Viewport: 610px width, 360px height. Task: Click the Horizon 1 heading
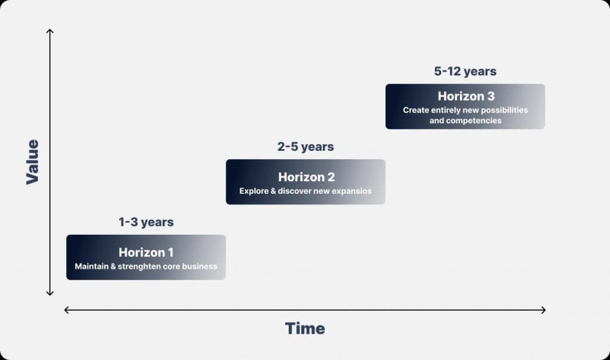coord(146,253)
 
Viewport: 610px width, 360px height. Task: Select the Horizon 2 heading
coord(306,177)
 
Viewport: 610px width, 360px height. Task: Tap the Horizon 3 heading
coord(466,96)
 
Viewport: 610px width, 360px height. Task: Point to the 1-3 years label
coord(147,222)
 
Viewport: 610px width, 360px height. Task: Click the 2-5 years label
coord(306,147)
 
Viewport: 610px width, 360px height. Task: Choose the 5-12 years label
coord(465,71)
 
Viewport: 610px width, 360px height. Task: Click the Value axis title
coord(33,162)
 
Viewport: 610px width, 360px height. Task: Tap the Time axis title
coord(305,328)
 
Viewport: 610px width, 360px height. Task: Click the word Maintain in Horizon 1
coord(91,266)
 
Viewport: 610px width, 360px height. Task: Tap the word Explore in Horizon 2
coord(254,191)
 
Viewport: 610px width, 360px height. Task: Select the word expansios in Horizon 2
coord(351,191)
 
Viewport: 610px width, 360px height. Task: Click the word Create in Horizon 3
coord(416,110)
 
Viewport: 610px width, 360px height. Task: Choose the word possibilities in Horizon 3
coord(505,110)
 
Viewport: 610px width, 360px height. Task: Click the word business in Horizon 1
coord(200,266)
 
